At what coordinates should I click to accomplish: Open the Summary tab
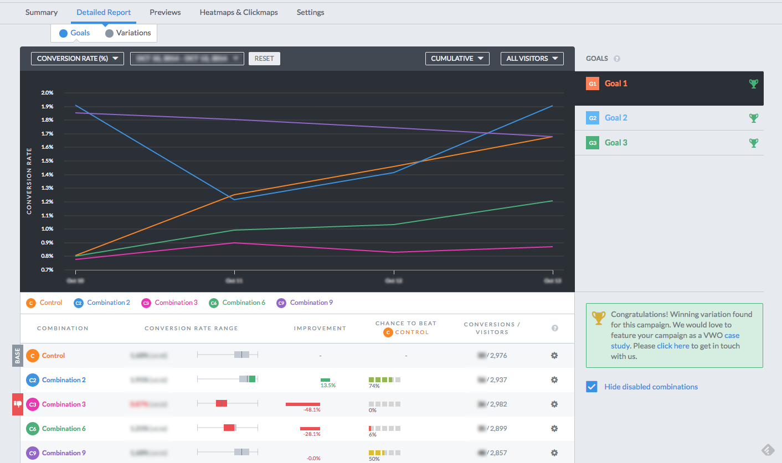[42, 12]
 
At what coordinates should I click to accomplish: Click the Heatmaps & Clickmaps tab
[239, 12]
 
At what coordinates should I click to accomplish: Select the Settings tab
[310, 12]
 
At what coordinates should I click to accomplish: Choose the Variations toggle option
[128, 33]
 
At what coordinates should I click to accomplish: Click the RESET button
[264, 59]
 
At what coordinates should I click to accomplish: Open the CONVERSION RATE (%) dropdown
[77, 59]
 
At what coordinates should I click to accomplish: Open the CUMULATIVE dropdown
[457, 59]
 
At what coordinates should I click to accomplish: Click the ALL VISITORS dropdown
[532, 59]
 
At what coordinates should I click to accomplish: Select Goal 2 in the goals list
[616, 118]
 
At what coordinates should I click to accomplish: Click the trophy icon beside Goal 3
[753, 143]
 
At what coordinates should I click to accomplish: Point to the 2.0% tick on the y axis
[47, 93]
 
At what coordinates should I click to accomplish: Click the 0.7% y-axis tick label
[47, 270]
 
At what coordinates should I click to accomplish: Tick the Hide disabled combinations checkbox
[592, 387]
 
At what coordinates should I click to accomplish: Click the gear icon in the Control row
[554, 356]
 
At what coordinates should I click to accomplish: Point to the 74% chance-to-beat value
[374, 386]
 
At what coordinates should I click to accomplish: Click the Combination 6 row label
[64, 429]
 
